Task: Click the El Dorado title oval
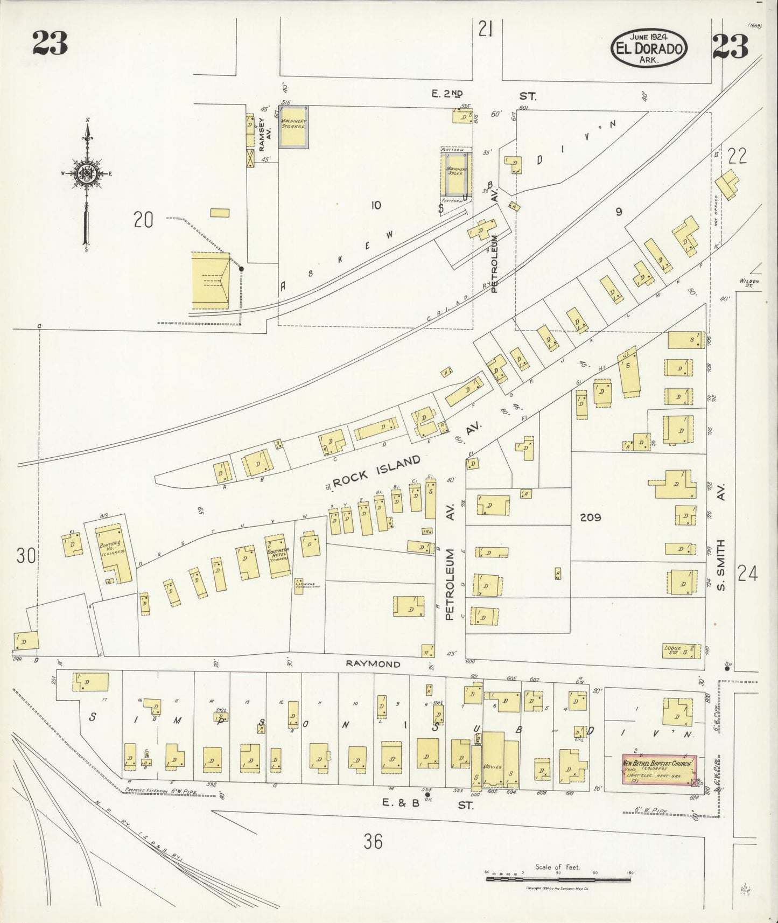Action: click(x=649, y=49)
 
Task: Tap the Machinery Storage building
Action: click(x=293, y=127)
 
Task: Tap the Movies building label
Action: click(x=492, y=766)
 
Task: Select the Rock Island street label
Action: click(x=376, y=470)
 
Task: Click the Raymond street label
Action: click(x=373, y=664)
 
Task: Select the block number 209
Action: click(x=590, y=518)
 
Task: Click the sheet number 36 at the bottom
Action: click(x=373, y=840)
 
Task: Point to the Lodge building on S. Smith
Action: click(x=681, y=650)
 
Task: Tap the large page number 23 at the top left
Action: click(x=50, y=44)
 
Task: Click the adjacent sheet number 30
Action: click(x=25, y=555)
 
